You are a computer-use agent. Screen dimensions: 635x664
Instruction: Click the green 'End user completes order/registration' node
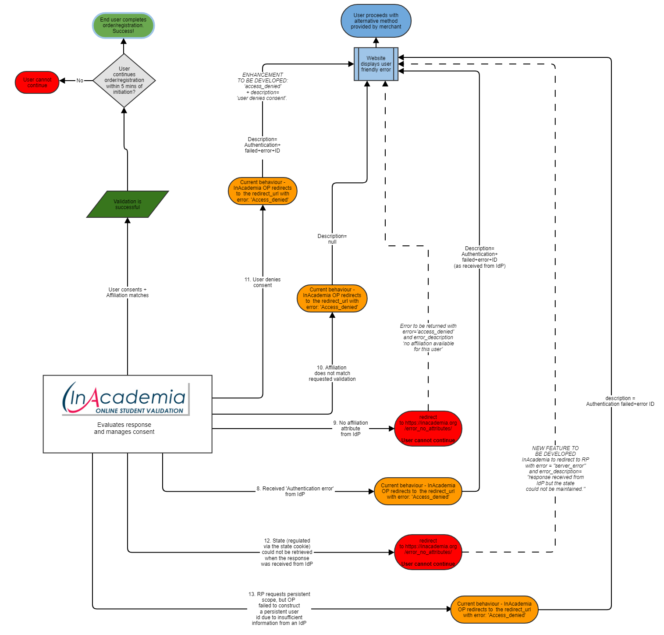pyautogui.click(x=123, y=25)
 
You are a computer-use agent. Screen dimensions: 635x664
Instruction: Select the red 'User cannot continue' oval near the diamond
pyautogui.click(x=37, y=82)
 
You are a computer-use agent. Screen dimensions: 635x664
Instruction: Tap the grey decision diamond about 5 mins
pyautogui.click(x=124, y=81)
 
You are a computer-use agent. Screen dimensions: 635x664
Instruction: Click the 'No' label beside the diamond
pyautogui.click(x=80, y=81)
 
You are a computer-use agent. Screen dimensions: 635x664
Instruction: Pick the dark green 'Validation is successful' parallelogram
pyautogui.click(x=128, y=204)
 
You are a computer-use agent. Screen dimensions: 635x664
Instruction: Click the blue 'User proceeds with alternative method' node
pyautogui.click(x=376, y=21)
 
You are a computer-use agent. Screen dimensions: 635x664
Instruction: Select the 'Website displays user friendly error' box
pyautogui.click(x=376, y=64)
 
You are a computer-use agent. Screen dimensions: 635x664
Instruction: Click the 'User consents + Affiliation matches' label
pyautogui.click(x=128, y=292)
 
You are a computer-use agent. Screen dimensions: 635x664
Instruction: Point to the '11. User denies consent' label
pyautogui.click(x=263, y=282)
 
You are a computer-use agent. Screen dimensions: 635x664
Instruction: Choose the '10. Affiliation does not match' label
pyautogui.click(x=332, y=373)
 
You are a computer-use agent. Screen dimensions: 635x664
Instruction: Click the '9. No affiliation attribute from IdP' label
pyautogui.click(x=351, y=429)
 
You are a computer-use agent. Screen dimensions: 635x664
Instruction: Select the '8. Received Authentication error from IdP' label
pyautogui.click(x=295, y=491)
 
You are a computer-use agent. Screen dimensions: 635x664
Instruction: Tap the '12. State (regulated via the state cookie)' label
pyautogui.click(x=287, y=552)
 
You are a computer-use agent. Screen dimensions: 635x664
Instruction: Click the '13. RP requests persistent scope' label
pyautogui.click(x=279, y=609)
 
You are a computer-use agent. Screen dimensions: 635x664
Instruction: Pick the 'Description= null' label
pyautogui.click(x=332, y=239)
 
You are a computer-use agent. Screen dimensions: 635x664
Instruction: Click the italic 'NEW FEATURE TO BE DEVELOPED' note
pyautogui.click(x=555, y=468)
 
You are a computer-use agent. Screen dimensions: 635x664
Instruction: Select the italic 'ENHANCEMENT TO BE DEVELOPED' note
pyautogui.click(x=263, y=86)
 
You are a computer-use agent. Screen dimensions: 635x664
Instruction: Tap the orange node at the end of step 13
pyautogui.click(x=494, y=610)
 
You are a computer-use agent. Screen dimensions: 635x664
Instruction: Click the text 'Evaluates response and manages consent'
pyautogui.click(x=124, y=428)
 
